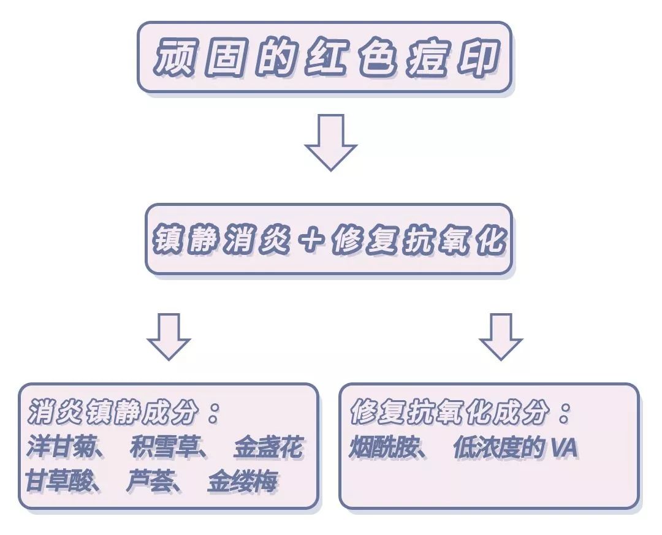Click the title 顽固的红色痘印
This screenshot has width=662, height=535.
[x=324, y=58]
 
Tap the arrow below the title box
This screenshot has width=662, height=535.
[x=330, y=142]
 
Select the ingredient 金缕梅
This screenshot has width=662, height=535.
[x=243, y=481]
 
